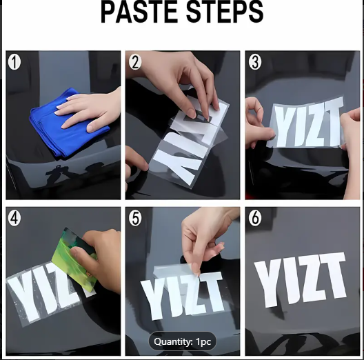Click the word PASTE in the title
pyautogui.click(x=139, y=11)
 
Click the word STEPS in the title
pyautogui.click(x=225, y=11)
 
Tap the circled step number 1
pyautogui.click(x=14, y=62)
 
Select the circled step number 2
pyautogui.click(x=135, y=62)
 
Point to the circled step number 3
pyautogui.click(x=255, y=62)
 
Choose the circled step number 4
pyautogui.click(x=14, y=219)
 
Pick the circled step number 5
pyautogui.click(x=135, y=219)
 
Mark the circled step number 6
pyautogui.click(x=255, y=219)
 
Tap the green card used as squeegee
pyautogui.click(x=74, y=260)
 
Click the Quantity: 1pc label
pyautogui.click(x=183, y=341)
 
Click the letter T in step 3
pyautogui.click(x=332, y=121)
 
